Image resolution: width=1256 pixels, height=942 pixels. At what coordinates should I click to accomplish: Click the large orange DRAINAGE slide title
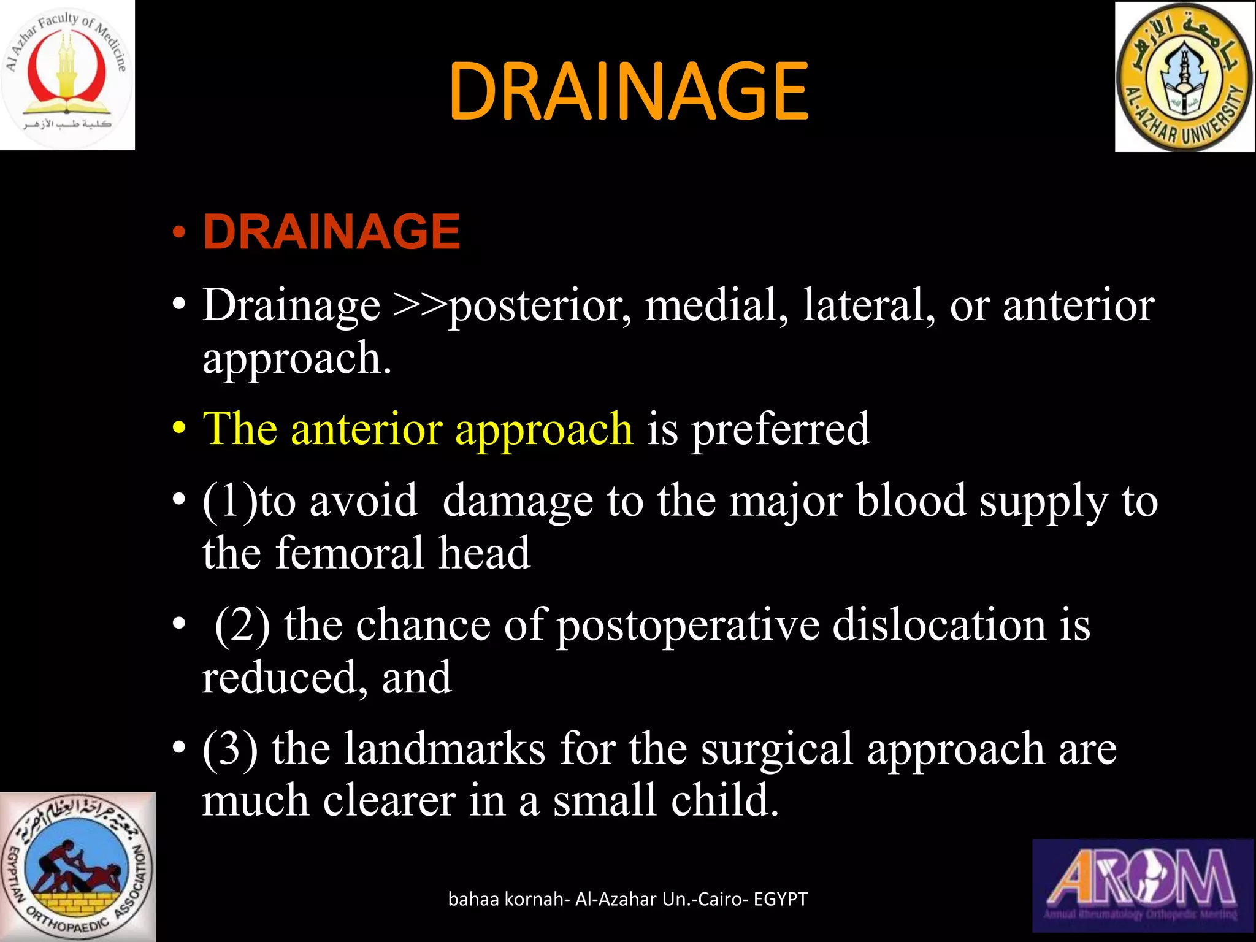tap(628, 92)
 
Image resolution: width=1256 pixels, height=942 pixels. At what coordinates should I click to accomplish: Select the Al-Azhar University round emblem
tap(1184, 77)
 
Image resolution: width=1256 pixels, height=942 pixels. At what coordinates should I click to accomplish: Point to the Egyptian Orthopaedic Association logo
tap(77, 866)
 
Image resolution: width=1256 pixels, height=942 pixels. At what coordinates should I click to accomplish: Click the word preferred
tap(781, 429)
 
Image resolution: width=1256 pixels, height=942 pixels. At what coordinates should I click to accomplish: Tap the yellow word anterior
tap(366, 429)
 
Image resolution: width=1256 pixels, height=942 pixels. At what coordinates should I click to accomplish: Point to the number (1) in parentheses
tap(230, 502)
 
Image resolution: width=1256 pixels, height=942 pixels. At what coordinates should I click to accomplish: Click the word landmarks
tap(444, 749)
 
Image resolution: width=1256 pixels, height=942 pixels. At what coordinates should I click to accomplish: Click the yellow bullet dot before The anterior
tap(179, 429)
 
